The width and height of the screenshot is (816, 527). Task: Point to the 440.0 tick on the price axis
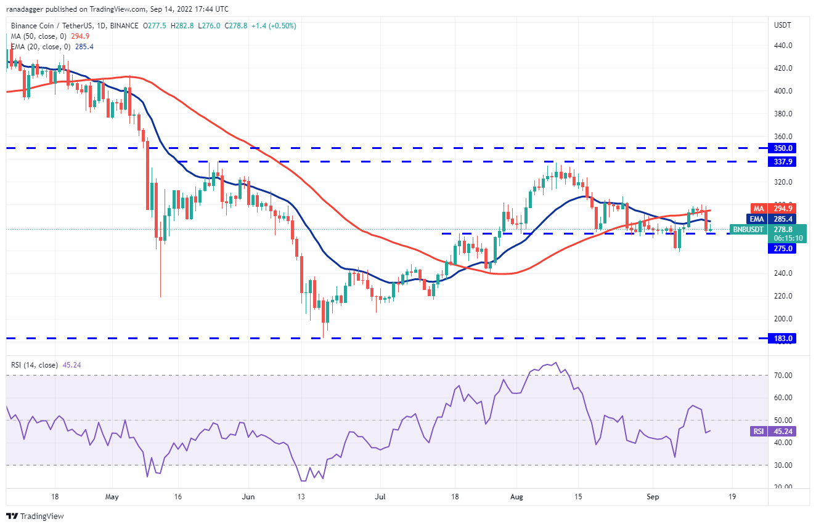(782, 46)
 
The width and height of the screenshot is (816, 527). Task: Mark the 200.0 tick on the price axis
(782, 319)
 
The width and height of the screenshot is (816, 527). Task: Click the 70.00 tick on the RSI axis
(782, 375)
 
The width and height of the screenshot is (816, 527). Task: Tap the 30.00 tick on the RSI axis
(782, 465)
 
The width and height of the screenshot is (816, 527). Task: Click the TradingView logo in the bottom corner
(36, 516)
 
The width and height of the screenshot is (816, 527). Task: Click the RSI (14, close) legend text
(35, 365)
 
